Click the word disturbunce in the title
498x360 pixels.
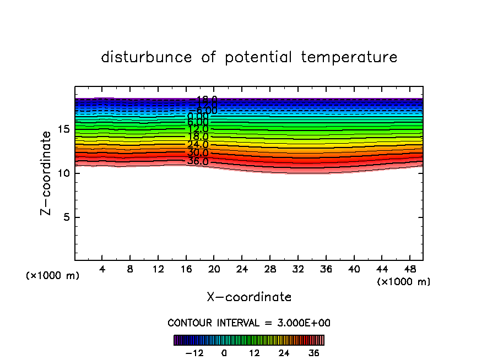(147, 57)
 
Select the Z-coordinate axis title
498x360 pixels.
(47, 173)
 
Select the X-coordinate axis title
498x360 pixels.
(249, 297)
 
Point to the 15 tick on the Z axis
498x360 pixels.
(64, 129)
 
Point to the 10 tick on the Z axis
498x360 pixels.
(64, 173)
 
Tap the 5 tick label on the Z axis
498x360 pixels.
(67, 217)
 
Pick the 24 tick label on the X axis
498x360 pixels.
(241, 269)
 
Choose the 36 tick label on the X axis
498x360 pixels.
(325, 269)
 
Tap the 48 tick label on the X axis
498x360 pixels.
(409, 269)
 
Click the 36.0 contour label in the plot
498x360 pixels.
(198, 161)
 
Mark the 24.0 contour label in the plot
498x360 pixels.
(198, 145)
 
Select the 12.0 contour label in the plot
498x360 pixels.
(198, 129)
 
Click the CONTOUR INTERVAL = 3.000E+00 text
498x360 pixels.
(249, 323)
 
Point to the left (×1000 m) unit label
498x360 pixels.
(53, 275)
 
